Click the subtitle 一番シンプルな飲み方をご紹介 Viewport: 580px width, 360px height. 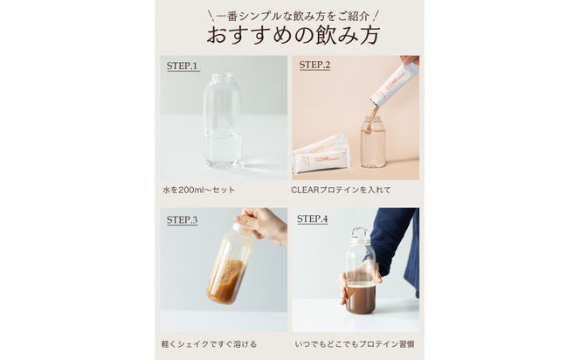[x=289, y=14]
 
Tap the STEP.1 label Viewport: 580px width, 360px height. [x=183, y=66]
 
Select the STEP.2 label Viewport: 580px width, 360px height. [x=315, y=66]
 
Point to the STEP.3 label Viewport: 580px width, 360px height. [x=183, y=220]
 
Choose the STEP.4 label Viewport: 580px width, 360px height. [x=313, y=219]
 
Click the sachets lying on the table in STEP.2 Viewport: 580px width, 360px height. [x=321, y=155]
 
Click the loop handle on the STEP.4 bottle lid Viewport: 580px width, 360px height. [x=360, y=234]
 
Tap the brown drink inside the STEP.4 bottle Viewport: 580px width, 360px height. [x=360, y=297]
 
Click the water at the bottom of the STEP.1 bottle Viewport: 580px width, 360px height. [x=223, y=150]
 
